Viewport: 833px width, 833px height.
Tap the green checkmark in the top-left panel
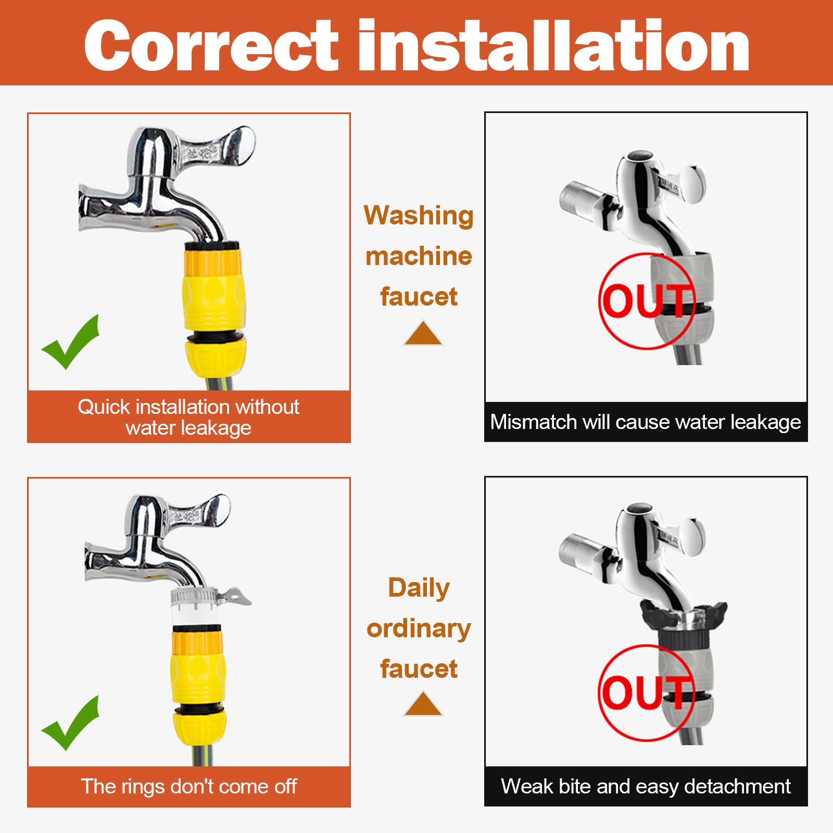click(x=71, y=343)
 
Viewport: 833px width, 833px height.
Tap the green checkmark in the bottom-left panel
click(x=71, y=724)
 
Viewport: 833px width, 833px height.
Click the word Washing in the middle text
click(x=419, y=216)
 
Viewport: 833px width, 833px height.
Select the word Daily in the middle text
click(x=419, y=588)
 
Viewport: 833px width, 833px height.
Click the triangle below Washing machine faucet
click(x=423, y=334)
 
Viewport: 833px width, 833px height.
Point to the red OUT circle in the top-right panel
click(x=647, y=301)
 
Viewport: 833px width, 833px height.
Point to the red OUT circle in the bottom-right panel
click(x=647, y=692)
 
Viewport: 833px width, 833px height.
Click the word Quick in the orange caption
click(x=104, y=407)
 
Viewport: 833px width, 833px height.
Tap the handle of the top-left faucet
click(x=219, y=148)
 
